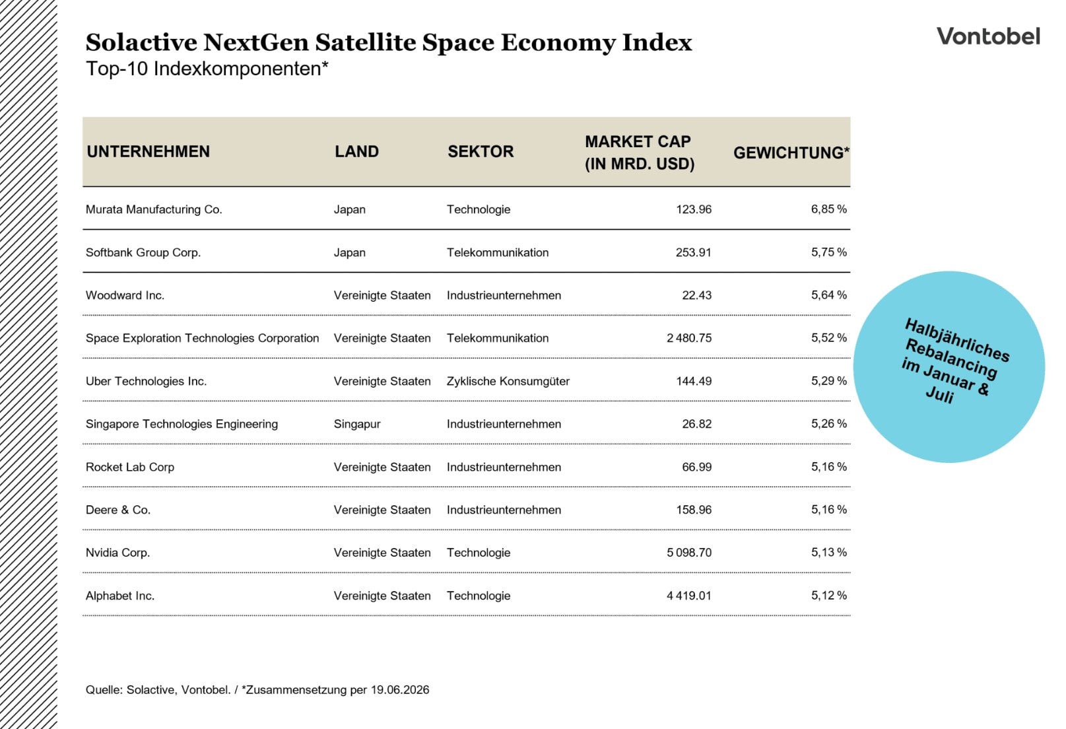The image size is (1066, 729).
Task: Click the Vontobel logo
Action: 988,37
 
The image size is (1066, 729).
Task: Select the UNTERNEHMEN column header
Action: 148,151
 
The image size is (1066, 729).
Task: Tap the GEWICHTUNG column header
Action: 791,153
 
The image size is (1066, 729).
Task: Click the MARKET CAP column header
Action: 639,153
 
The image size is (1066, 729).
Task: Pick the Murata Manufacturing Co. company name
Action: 154,209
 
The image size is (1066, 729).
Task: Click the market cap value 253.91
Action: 693,252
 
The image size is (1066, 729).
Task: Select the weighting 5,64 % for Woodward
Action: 828,295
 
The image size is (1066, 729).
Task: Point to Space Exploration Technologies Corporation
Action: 202,338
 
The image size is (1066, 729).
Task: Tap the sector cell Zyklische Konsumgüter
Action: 508,381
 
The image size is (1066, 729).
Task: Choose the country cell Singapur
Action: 357,424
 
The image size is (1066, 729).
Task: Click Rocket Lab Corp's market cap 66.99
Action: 697,467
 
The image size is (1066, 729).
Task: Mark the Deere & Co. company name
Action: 118,510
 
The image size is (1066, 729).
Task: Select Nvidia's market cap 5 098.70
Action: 689,553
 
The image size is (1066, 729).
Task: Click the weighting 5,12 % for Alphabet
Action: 828,595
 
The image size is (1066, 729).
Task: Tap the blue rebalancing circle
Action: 949,366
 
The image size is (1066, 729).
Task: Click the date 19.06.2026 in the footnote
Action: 400,690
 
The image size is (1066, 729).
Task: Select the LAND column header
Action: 356,151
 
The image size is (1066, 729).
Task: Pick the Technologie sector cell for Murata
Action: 479,209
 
